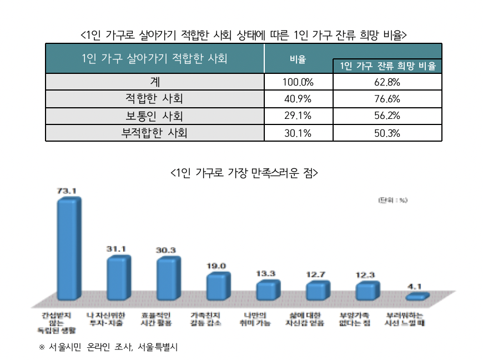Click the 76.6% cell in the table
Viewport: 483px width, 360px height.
pyautogui.click(x=388, y=99)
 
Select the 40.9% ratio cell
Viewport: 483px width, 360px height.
pyautogui.click(x=298, y=99)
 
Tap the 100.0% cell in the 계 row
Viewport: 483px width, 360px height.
pyautogui.click(x=298, y=82)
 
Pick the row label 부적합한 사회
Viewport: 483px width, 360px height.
pyautogui.click(x=154, y=133)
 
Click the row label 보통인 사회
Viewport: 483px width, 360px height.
pyautogui.click(x=154, y=117)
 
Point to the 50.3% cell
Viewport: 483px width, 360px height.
pyautogui.click(x=388, y=133)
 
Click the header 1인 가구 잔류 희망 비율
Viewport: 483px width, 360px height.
pyautogui.click(x=388, y=66)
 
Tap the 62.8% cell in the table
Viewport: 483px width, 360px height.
pyautogui.click(x=388, y=82)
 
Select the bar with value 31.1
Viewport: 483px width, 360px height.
pyautogui.click(x=118, y=278)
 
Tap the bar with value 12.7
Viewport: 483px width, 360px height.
pyautogui.click(x=317, y=291)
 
